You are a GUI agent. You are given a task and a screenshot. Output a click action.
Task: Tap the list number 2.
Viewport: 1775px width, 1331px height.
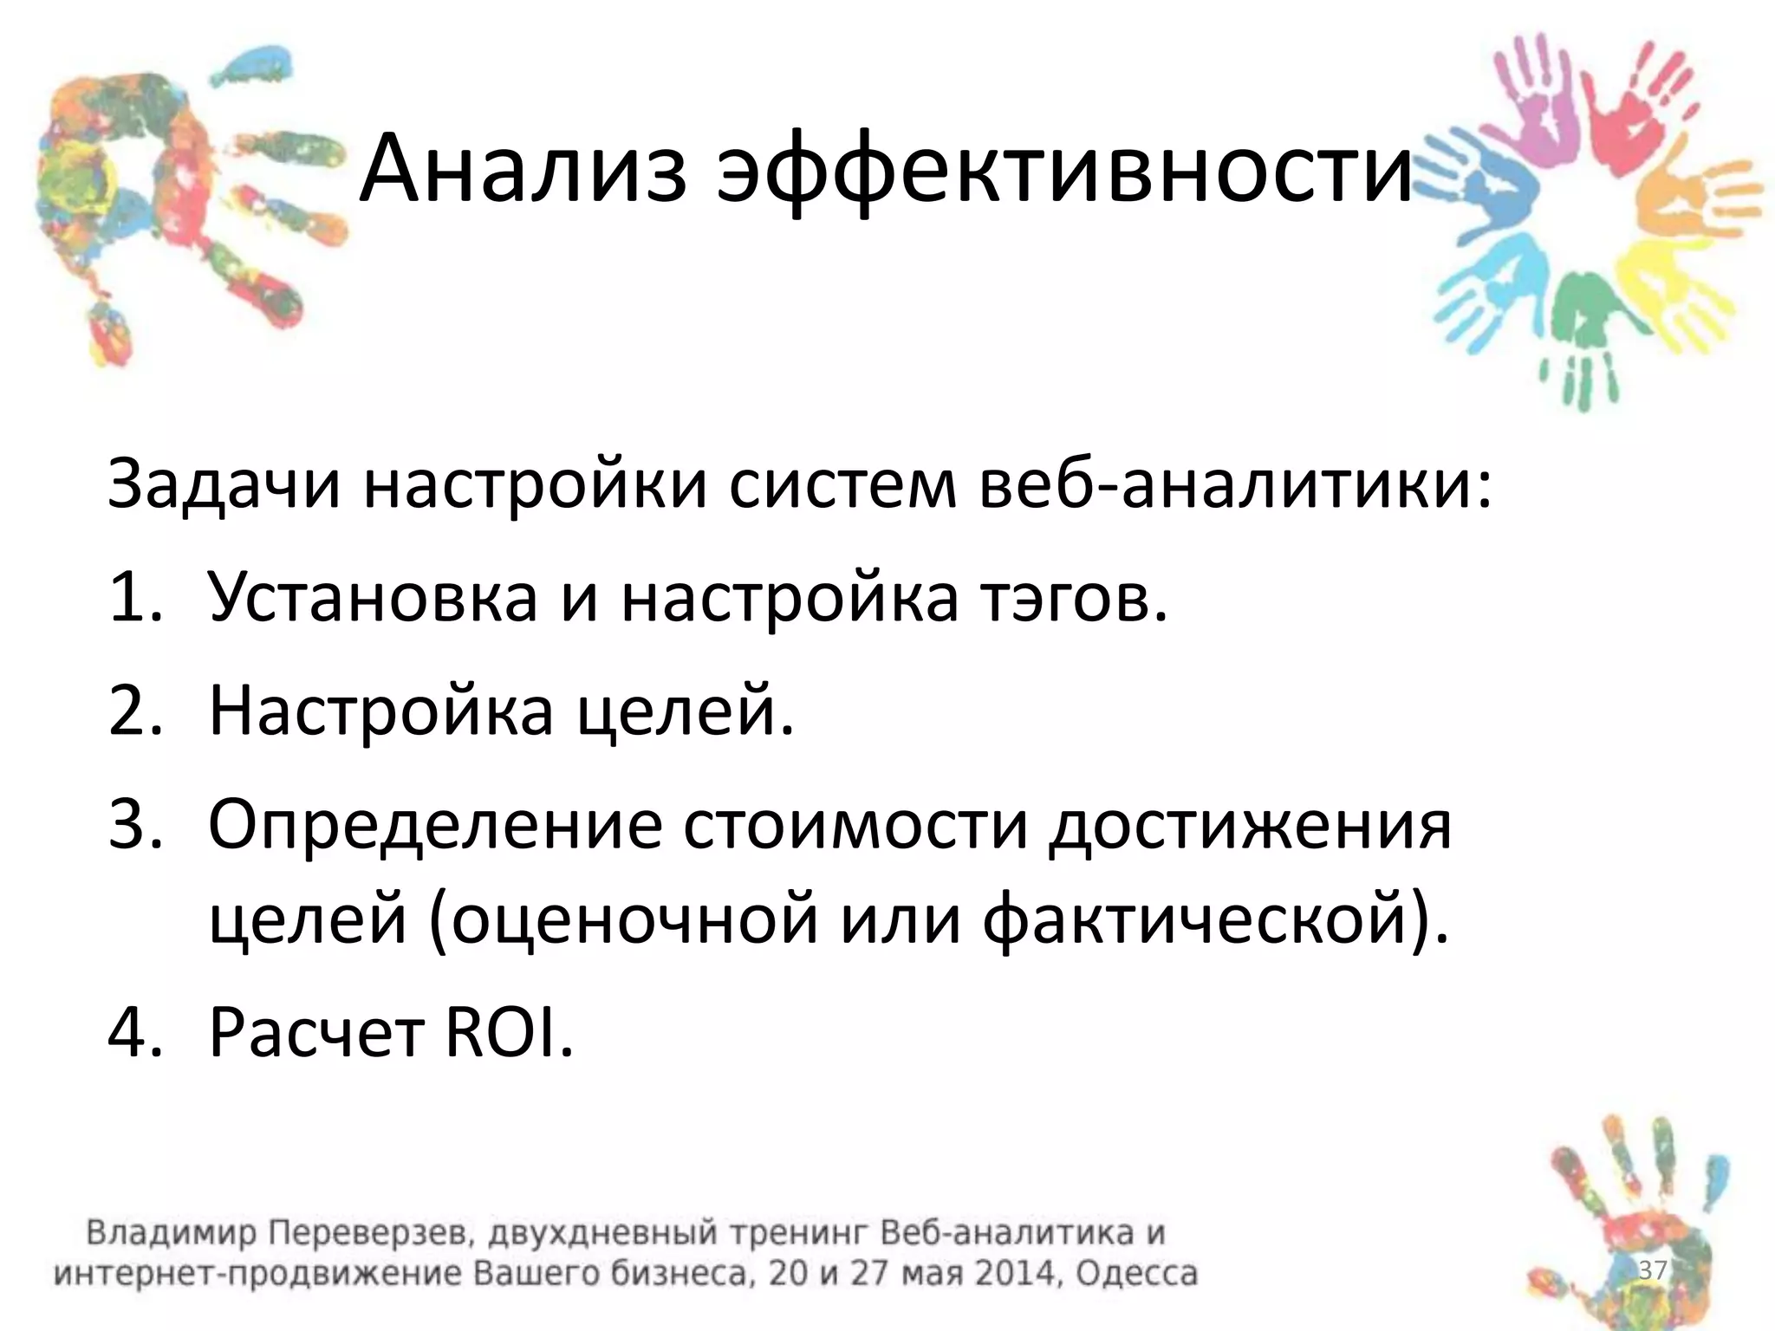[136, 711]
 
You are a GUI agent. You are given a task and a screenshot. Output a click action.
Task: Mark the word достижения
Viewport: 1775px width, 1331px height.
[1250, 825]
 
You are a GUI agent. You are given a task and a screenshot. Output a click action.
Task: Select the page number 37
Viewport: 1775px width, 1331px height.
[1652, 1270]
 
